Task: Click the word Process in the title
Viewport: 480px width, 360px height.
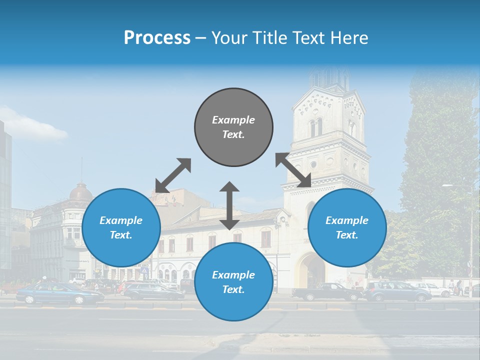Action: point(157,38)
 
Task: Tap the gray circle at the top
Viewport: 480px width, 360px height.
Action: point(233,127)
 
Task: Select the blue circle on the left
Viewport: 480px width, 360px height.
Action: point(121,227)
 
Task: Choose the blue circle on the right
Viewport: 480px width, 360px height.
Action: point(347,227)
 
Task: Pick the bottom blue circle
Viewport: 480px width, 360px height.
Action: point(233,282)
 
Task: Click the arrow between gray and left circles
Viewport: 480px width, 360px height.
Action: point(173,175)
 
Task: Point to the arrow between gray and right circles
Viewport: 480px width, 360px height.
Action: point(293,170)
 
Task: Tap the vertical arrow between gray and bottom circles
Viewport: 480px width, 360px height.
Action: point(229,205)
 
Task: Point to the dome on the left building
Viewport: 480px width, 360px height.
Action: point(80,193)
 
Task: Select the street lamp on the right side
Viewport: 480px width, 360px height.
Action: point(470,240)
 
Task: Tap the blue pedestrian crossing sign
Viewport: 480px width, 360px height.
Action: point(144,270)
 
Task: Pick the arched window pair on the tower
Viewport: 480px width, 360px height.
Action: point(316,127)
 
